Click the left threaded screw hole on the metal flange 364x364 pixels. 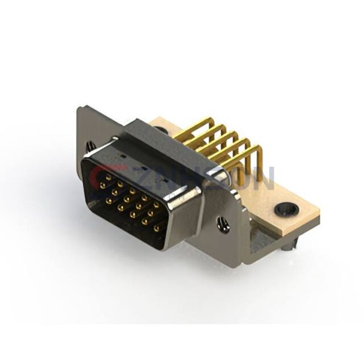(x=90, y=146)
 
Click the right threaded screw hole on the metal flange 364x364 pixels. (x=223, y=226)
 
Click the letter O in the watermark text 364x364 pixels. (x=243, y=177)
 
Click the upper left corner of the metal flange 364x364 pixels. (x=79, y=109)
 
